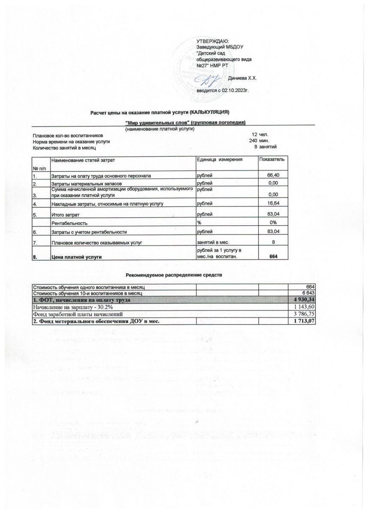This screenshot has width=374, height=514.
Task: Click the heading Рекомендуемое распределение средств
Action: pos(174,274)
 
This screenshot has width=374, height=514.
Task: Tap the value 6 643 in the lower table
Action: pos(309,293)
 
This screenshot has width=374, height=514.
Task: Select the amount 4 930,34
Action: pos(302,300)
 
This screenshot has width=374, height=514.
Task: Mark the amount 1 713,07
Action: pos(303,321)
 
